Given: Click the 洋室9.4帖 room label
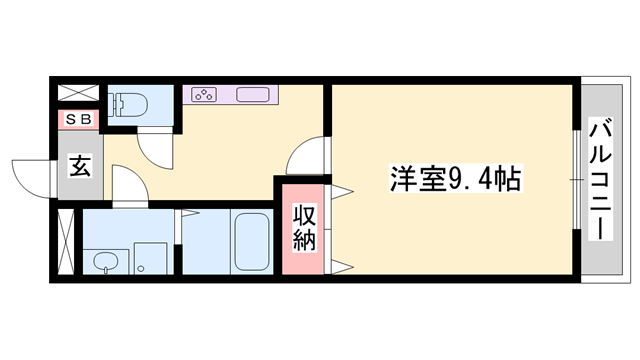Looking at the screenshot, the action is point(456,178).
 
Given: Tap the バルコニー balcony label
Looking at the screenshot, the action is point(600,178).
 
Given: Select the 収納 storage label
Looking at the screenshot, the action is point(304,229).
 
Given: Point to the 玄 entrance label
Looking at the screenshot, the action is point(80,166).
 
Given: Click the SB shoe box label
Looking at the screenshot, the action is point(78,119).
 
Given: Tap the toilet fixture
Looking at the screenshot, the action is point(128,104).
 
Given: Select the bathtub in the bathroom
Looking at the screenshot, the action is point(251,242).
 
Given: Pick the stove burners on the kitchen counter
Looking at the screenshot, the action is point(204,95).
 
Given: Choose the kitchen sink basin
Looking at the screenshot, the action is point(253,95).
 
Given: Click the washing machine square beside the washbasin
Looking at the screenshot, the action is point(151,258).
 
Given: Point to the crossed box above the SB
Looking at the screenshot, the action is point(78,93).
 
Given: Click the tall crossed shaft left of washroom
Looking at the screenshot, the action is point(66,242).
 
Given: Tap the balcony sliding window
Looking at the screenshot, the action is point(576,180).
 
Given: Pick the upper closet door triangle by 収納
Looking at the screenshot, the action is point(342,191).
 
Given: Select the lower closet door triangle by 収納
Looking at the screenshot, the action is point(342,267).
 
